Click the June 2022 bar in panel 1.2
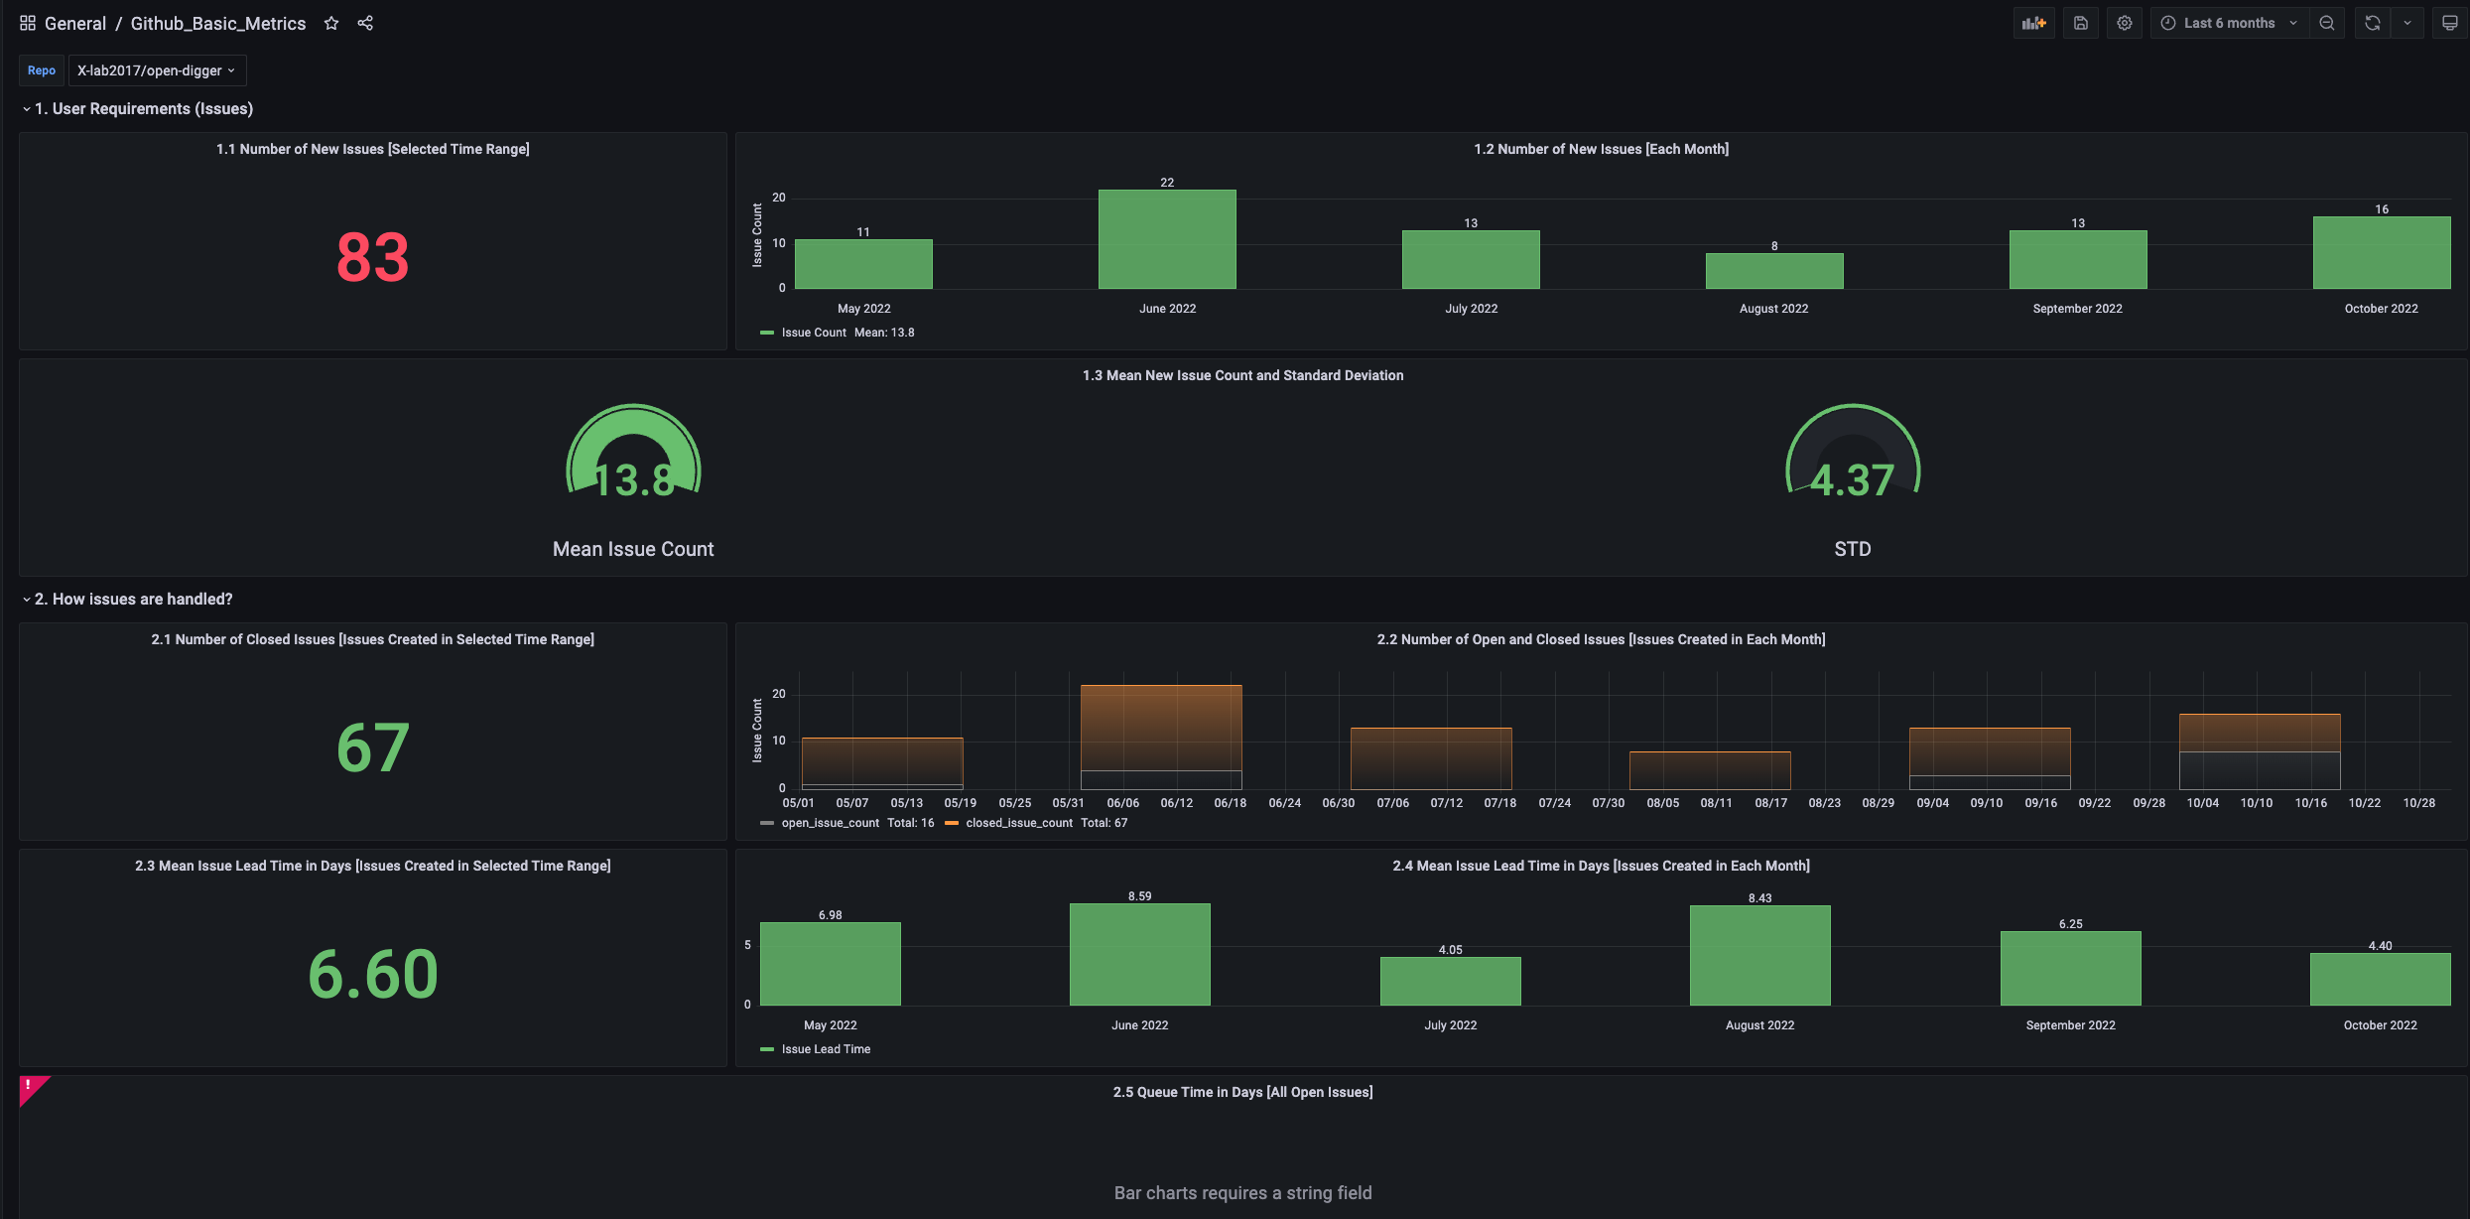(x=1167, y=240)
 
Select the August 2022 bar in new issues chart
(x=1774, y=271)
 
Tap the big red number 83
(x=372, y=257)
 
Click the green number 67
(x=372, y=747)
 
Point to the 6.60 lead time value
(x=372, y=974)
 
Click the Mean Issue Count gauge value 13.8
(x=633, y=480)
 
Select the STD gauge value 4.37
(x=1852, y=480)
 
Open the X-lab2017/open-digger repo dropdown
(x=157, y=70)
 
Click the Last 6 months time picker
(x=2229, y=23)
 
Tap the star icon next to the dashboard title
(x=331, y=23)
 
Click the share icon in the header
(x=365, y=23)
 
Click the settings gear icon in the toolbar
(x=2124, y=23)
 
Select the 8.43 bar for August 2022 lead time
(x=1759, y=955)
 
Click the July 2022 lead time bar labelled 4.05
(x=1450, y=981)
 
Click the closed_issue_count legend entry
(x=1018, y=823)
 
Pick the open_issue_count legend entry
(x=830, y=823)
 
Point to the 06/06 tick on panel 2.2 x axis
(x=1122, y=803)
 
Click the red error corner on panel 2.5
(x=30, y=1087)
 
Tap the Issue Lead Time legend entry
(x=825, y=1049)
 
